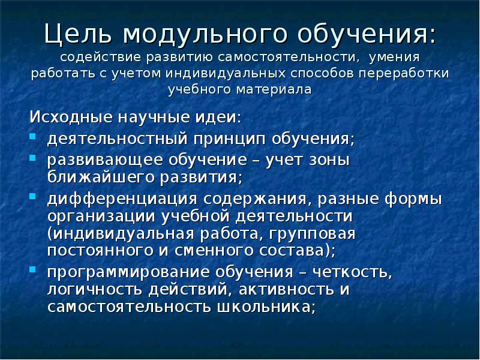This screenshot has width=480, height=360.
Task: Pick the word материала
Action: pos(275,90)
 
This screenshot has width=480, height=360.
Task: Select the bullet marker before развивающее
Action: pos(33,158)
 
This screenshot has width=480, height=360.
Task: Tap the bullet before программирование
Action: pos(33,268)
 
